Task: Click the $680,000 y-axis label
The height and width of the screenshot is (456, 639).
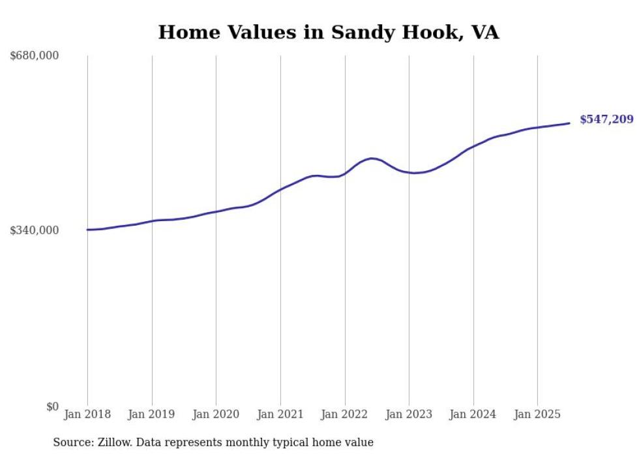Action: click(35, 56)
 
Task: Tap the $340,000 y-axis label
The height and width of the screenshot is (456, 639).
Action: click(35, 230)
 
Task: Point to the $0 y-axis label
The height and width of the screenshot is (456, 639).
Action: click(52, 406)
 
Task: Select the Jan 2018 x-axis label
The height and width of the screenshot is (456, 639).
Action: click(87, 414)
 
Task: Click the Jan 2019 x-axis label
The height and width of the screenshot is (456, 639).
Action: click(152, 414)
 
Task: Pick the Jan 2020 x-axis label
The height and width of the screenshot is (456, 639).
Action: click(216, 414)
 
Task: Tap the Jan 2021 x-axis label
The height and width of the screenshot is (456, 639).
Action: click(280, 414)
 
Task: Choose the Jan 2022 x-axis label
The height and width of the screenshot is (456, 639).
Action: click(345, 414)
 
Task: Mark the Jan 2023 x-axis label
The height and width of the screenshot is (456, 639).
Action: click(409, 414)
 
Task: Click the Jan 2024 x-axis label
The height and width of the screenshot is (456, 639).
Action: click(473, 414)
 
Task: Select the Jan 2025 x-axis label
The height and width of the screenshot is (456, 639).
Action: click(537, 414)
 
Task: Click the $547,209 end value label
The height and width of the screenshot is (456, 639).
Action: click(606, 119)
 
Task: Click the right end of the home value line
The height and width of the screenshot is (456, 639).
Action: click(570, 123)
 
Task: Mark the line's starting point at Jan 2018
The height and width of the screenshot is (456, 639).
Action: click(87, 230)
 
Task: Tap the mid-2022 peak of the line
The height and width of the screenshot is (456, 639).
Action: click(371, 159)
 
